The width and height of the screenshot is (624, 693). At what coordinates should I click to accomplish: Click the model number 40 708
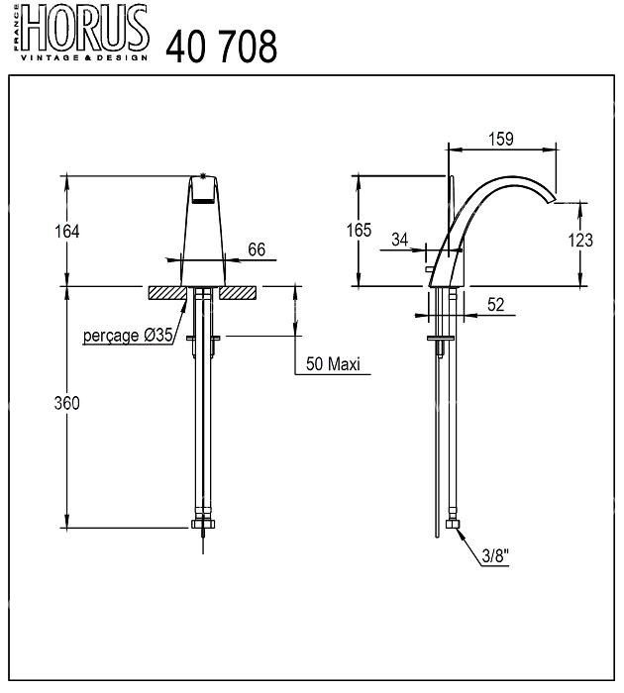221,47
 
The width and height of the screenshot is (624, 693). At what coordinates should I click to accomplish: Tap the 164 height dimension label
66,231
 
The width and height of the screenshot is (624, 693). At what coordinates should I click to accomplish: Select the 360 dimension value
66,403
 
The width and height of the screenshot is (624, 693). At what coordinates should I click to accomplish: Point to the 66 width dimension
257,249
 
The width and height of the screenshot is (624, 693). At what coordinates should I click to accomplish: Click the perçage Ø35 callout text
128,336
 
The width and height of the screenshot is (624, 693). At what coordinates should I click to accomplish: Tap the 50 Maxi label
333,363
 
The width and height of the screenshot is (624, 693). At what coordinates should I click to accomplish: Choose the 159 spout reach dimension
501,140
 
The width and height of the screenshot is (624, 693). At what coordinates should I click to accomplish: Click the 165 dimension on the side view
359,231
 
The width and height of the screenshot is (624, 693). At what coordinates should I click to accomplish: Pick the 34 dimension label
400,240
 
